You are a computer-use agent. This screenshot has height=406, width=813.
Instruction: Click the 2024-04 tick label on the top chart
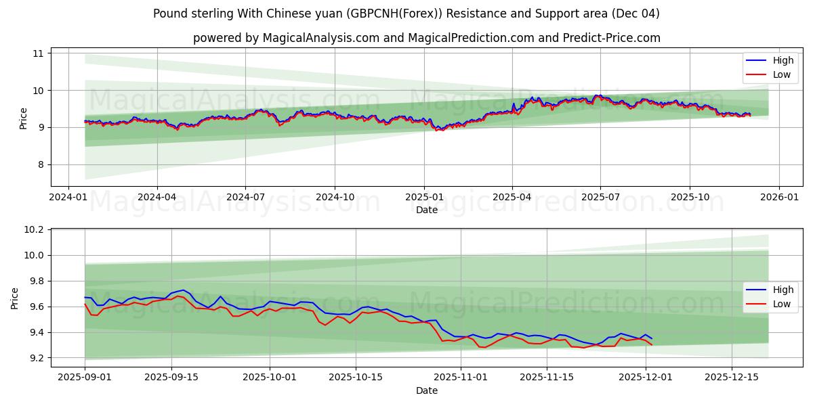(x=157, y=197)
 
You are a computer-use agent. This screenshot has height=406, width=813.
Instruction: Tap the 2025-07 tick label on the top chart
(x=600, y=197)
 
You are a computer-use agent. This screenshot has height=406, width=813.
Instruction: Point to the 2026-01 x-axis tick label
(x=778, y=197)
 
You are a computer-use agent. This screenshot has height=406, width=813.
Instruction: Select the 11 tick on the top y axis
(x=38, y=53)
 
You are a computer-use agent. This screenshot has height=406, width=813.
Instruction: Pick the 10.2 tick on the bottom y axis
(x=34, y=230)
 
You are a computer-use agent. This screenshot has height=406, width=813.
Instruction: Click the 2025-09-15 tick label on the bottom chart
(x=171, y=378)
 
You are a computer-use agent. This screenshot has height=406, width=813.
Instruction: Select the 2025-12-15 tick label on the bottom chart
(x=731, y=378)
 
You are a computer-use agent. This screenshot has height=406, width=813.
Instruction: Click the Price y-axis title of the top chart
(x=24, y=118)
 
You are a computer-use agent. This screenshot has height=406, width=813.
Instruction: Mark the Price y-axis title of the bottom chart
(x=15, y=298)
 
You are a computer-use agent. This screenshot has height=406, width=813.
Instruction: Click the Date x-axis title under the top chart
(x=427, y=210)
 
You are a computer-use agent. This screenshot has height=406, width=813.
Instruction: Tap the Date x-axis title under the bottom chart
(x=427, y=390)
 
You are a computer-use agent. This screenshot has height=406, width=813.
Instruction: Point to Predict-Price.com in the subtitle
(x=612, y=38)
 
